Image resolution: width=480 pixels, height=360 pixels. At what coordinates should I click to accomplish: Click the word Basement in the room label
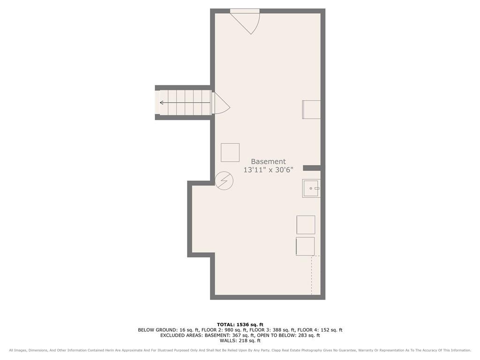pyautogui.click(x=268, y=162)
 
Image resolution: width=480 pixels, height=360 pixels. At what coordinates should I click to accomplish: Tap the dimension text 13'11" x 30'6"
pyautogui.click(x=268, y=170)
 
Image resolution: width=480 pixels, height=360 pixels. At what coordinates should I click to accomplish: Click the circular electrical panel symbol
pyautogui.click(x=224, y=180)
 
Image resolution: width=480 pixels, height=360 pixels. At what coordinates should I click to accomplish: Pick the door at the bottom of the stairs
pyautogui.click(x=220, y=104)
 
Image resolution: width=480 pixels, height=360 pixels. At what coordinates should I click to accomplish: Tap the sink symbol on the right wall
pyautogui.click(x=311, y=188)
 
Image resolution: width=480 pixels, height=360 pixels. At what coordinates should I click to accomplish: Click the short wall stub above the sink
pyautogui.click(x=312, y=168)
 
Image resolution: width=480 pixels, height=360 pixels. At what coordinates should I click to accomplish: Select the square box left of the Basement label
pyautogui.click(x=230, y=152)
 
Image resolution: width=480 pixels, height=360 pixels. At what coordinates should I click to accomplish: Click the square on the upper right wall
pyautogui.click(x=311, y=110)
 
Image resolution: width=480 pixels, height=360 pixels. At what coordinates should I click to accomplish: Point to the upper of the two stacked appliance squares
pyautogui.click(x=306, y=225)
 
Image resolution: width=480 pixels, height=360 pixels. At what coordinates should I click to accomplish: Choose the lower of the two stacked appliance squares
pyautogui.click(x=305, y=247)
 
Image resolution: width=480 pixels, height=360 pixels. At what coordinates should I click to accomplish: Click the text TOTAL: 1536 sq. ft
pyautogui.click(x=240, y=324)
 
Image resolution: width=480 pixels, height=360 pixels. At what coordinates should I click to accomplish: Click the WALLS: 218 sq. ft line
pyautogui.click(x=240, y=340)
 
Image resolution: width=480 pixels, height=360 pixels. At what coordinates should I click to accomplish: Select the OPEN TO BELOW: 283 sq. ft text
pyautogui.click(x=288, y=335)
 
